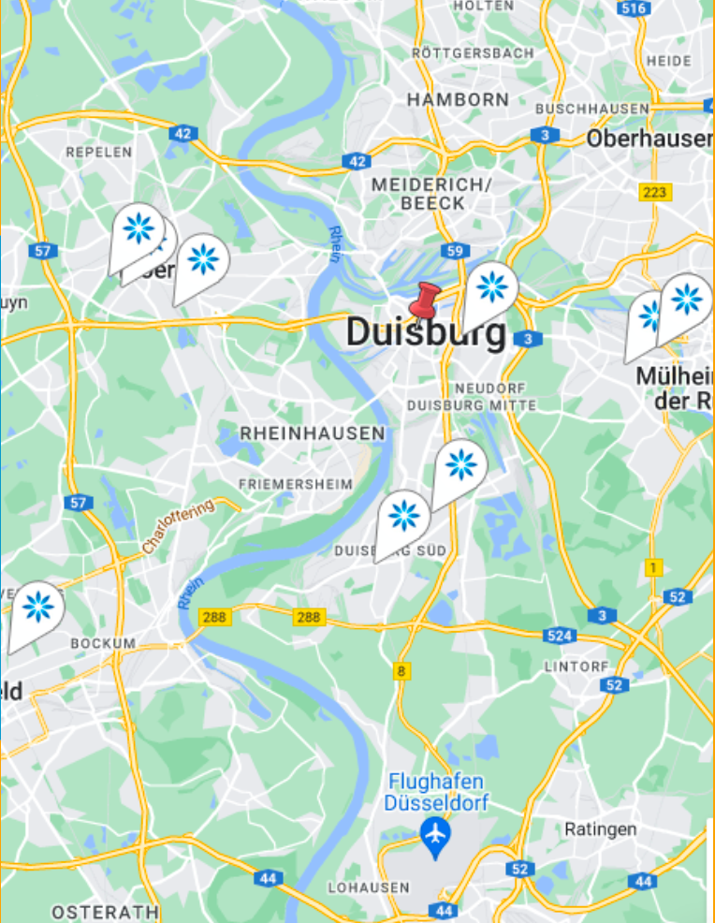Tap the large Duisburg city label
pos(426,332)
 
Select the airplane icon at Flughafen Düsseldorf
pos(434,832)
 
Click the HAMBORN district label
pos(459,99)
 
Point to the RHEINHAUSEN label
pos(313,433)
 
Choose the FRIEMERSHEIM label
pos(296,484)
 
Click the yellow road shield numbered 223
pos(654,192)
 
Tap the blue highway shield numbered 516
pos(634,8)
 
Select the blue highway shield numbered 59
pos(456,251)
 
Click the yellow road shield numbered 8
pos(401,670)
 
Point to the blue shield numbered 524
pos(559,636)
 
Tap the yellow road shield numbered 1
pos(652,566)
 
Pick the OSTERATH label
pos(105,911)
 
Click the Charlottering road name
pos(178,525)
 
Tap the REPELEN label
pos(98,152)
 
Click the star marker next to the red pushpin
pos(491,287)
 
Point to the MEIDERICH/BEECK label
pos(431,194)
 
